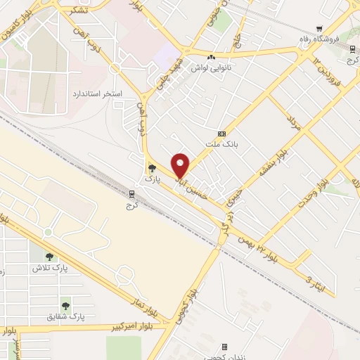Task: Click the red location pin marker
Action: [x=181, y=165]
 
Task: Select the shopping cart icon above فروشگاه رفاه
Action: [x=320, y=29]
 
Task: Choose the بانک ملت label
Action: [x=223, y=144]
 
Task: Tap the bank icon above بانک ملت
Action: [x=222, y=134]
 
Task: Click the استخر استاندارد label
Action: [x=98, y=94]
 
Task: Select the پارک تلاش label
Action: [x=49, y=268]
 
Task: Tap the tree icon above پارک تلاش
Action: [x=49, y=257]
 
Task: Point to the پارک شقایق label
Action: [x=65, y=317]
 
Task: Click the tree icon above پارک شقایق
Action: [x=65, y=306]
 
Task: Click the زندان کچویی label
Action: [x=225, y=357]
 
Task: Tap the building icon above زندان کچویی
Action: [x=224, y=347]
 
